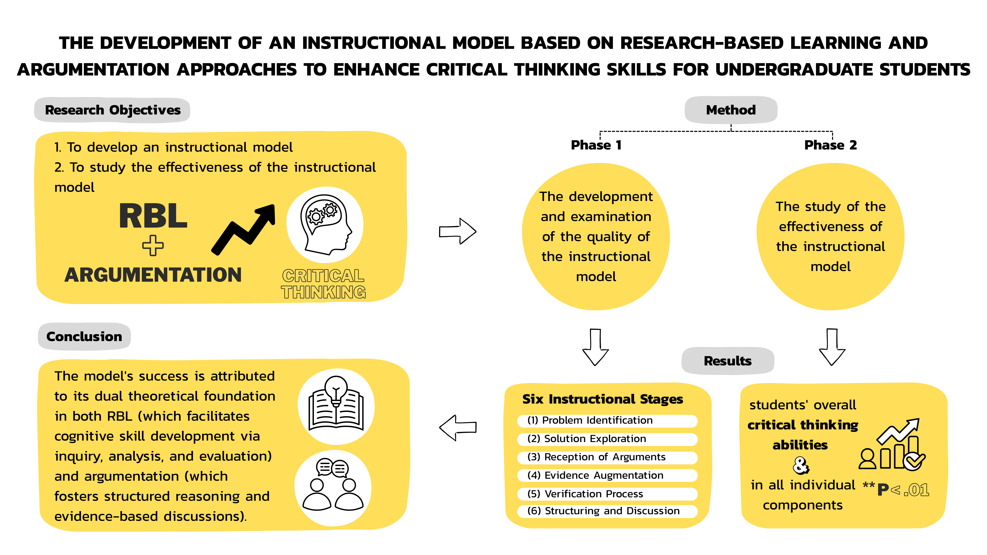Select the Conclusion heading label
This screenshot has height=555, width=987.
tap(84, 337)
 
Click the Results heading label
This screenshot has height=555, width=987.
tap(728, 361)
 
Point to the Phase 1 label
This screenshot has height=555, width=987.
tap(596, 145)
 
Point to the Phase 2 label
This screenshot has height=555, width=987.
tap(830, 145)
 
